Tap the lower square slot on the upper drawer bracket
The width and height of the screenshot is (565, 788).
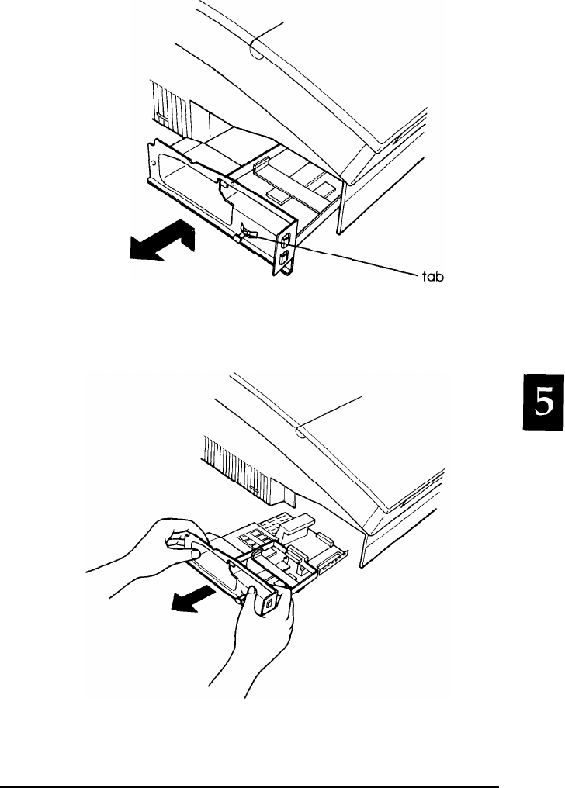pos(285,255)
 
